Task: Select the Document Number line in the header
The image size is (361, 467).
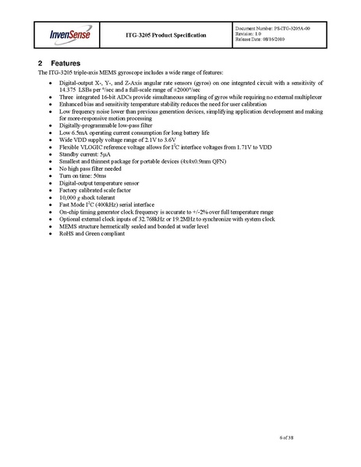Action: click(274, 27)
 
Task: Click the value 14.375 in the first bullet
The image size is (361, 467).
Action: click(70, 90)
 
